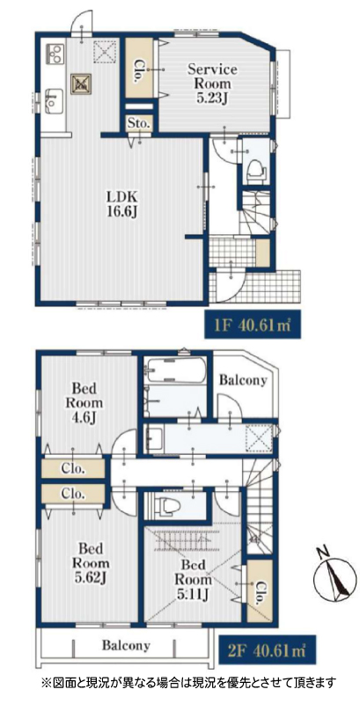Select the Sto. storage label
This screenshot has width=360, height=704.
coord(140,122)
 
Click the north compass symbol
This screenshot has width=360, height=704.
coord(335,574)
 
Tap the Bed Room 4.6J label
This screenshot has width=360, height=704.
coord(84,402)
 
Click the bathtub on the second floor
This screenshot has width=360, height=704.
coord(176,370)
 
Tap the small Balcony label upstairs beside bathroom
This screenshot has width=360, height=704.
coord(243,381)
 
